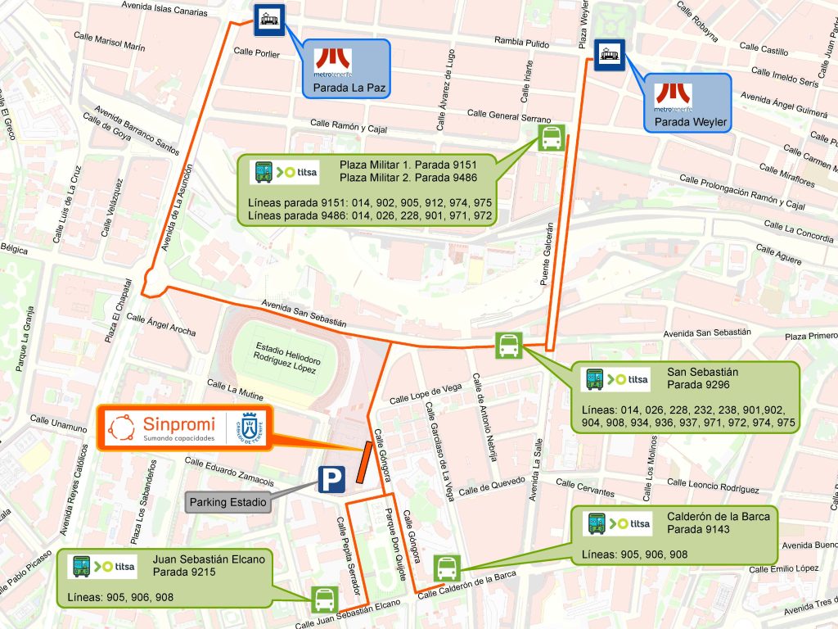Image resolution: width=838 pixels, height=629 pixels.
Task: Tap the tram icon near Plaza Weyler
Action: [x=609, y=55]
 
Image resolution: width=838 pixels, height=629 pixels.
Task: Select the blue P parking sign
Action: [x=331, y=480]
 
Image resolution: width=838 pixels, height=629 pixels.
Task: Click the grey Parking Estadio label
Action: [x=229, y=502]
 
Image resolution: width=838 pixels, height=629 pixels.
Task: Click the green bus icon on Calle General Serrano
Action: [x=551, y=138]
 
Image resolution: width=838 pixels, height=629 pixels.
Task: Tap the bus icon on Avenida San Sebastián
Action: [x=508, y=346]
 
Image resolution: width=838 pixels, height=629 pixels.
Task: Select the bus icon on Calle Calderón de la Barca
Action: [x=447, y=568]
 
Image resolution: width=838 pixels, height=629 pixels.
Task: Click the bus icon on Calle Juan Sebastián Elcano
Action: [x=324, y=599]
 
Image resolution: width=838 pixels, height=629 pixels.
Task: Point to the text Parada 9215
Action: [x=183, y=572]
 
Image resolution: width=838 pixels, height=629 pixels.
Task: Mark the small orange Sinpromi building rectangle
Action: [x=364, y=463]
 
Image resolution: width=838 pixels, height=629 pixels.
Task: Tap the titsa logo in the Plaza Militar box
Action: [x=286, y=172]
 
